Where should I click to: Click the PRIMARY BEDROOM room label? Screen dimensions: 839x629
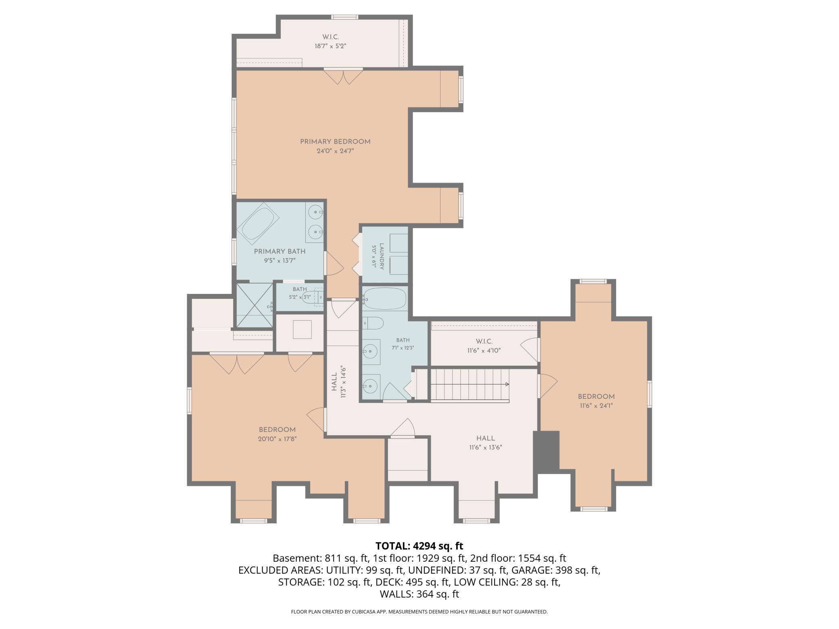pyautogui.click(x=335, y=142)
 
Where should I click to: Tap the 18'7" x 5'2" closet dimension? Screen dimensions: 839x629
pyautogui.click(x=330, y=46)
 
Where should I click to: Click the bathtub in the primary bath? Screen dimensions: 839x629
pyautogui.click(x=261, y=223)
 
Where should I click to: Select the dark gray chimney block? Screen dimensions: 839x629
pyautogui.click(x=547, y=450)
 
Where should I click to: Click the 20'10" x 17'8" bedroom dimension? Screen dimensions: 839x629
pyautogui.click(x=278, y=439)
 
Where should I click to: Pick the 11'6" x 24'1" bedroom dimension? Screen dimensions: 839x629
pyautogui.click(x=596, y=406)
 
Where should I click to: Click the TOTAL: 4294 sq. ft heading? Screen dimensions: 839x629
pyautogui.click(x=419, y=546)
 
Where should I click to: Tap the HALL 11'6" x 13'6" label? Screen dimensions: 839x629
pyautogui.click(x=486, y=443)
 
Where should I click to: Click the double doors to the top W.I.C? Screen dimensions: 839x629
pyautogui.click(x=343, y=76)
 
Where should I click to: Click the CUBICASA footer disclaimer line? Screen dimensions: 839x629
pyautogui.click(x=419, y=612)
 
